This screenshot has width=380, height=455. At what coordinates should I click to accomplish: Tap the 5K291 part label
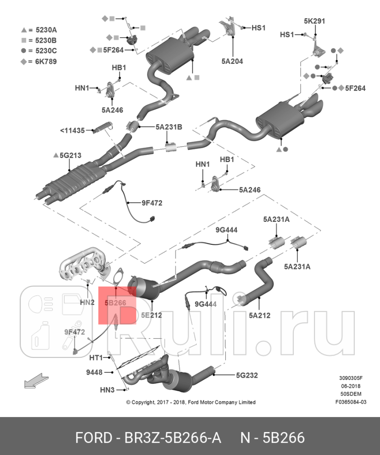tap(314, 21)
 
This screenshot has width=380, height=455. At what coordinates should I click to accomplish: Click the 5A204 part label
tap(232, 61)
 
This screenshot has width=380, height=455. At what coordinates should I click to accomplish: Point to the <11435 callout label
tap(72, 130)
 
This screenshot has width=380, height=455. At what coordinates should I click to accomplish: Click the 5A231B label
tap(169, 127)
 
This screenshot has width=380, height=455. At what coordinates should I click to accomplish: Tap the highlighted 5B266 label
tap(115, 303)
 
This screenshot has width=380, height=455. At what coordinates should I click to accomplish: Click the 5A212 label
tap(259, 315)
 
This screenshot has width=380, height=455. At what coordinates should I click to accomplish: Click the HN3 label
tap(107, 390)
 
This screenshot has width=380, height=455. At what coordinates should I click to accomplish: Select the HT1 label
tap(96, 357)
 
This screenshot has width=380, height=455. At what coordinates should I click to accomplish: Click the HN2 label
tap(87, 303)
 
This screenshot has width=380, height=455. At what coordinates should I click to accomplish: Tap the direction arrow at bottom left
tap(37, 380)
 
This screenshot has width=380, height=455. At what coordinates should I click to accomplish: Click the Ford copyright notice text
tap(191, 402)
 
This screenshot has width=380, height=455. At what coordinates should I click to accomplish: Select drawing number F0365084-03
tap(350, 402)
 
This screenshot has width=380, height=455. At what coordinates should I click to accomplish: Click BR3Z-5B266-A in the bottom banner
tap(171, 438)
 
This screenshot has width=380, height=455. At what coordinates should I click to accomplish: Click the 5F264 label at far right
tap(355, 88)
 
